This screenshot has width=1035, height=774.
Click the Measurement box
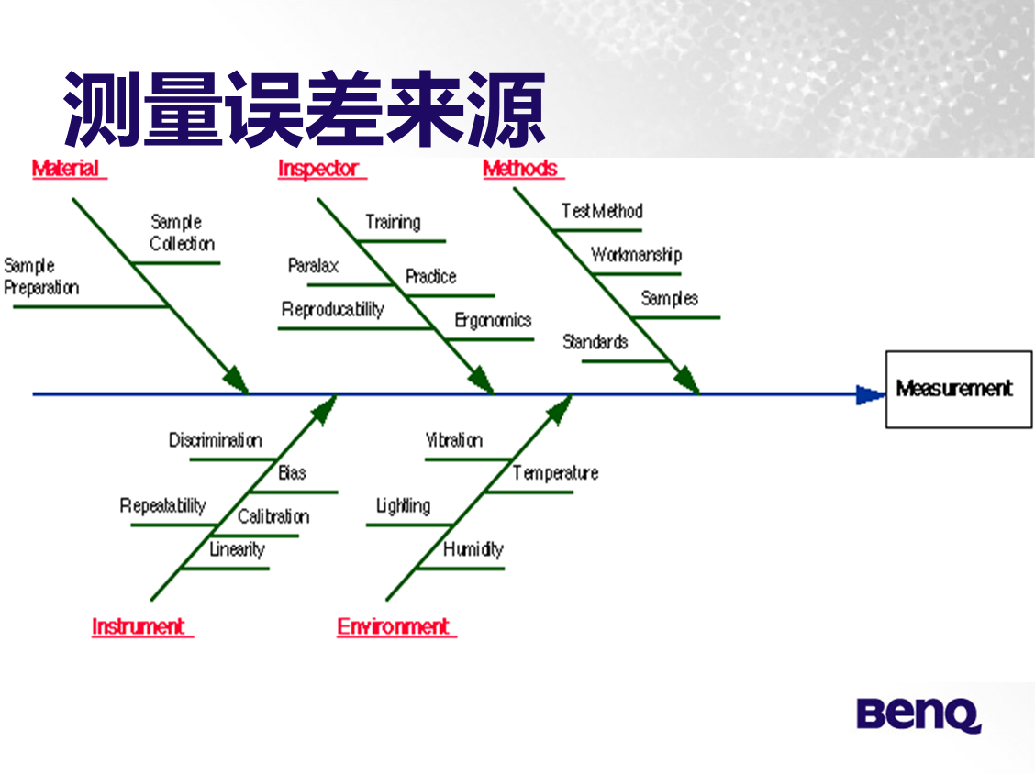pos(958,389)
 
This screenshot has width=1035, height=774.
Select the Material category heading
pos(66,169)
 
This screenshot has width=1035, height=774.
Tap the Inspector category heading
pos(318,169)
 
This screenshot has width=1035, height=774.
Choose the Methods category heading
pos(520,169)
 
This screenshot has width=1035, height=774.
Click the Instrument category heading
pos(139,626)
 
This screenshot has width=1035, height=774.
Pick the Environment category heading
pos(394,626)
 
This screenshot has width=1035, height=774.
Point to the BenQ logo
pos(918,714)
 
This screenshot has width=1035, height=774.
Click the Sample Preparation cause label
pos(41,276)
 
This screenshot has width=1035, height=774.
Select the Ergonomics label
pos(493,320)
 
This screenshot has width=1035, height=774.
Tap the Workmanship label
pos(636,255)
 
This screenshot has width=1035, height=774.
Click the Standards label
pos(595,342)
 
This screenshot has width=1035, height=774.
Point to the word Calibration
pos(273,516)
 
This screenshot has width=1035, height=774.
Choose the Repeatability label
pos(163,506)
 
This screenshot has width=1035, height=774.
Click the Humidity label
pos(473,549)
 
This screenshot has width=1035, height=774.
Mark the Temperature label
pos(555,473)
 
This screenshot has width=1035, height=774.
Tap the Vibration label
pos(453,440)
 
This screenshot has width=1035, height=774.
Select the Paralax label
pos(313,266)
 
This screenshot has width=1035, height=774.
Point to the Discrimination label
pos(215,440)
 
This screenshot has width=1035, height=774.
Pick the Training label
pos(393,222)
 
